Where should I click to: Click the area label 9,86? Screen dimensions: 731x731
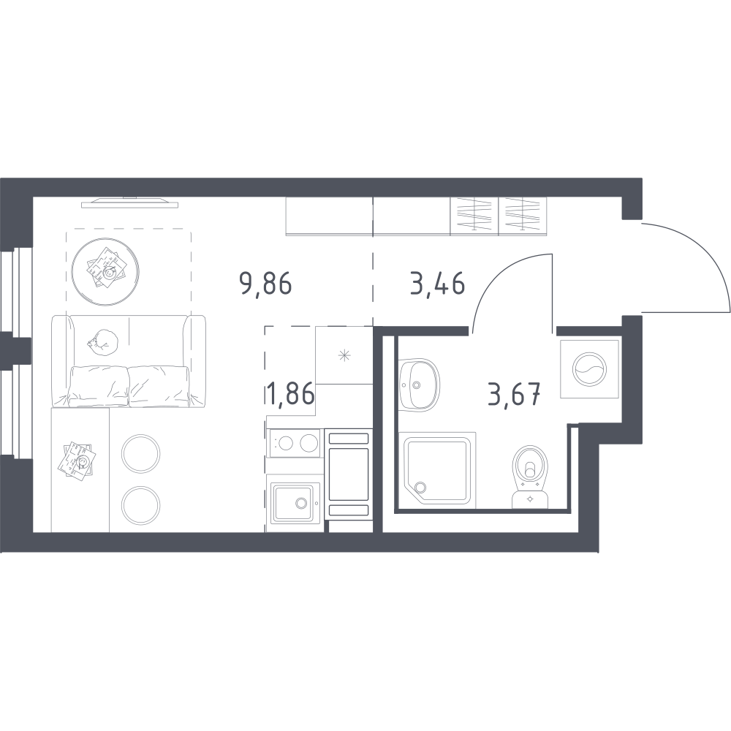pyautogui.click(x=265, y=284)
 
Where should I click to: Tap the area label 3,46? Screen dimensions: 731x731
pyautogui.click(x=437, y=284)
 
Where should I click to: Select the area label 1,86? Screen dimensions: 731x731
pyautogui.click(x=291, y=393)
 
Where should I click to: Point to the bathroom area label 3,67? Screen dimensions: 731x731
pyautogui.click(x=514, y=395)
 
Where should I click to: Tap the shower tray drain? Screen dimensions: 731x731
pyautogui.click(x=420, y=488)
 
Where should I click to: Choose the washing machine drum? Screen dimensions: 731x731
pyautogui.click(x=589, y=369)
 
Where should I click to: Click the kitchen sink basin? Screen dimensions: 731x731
pyautogui.click(x=293, y=503)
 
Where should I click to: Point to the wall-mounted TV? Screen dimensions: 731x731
pyautogui.click(x=130, y=202)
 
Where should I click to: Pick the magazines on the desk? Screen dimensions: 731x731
pyautogui.click(x=77, y=459)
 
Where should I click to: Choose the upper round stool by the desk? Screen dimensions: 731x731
pyautogui.click(x=140, y=454)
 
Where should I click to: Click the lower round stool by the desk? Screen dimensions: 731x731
pyautogui.click(x=140, y=505)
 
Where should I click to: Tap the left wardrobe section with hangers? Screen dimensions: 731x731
pyautogui.click(x=474, y=215)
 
